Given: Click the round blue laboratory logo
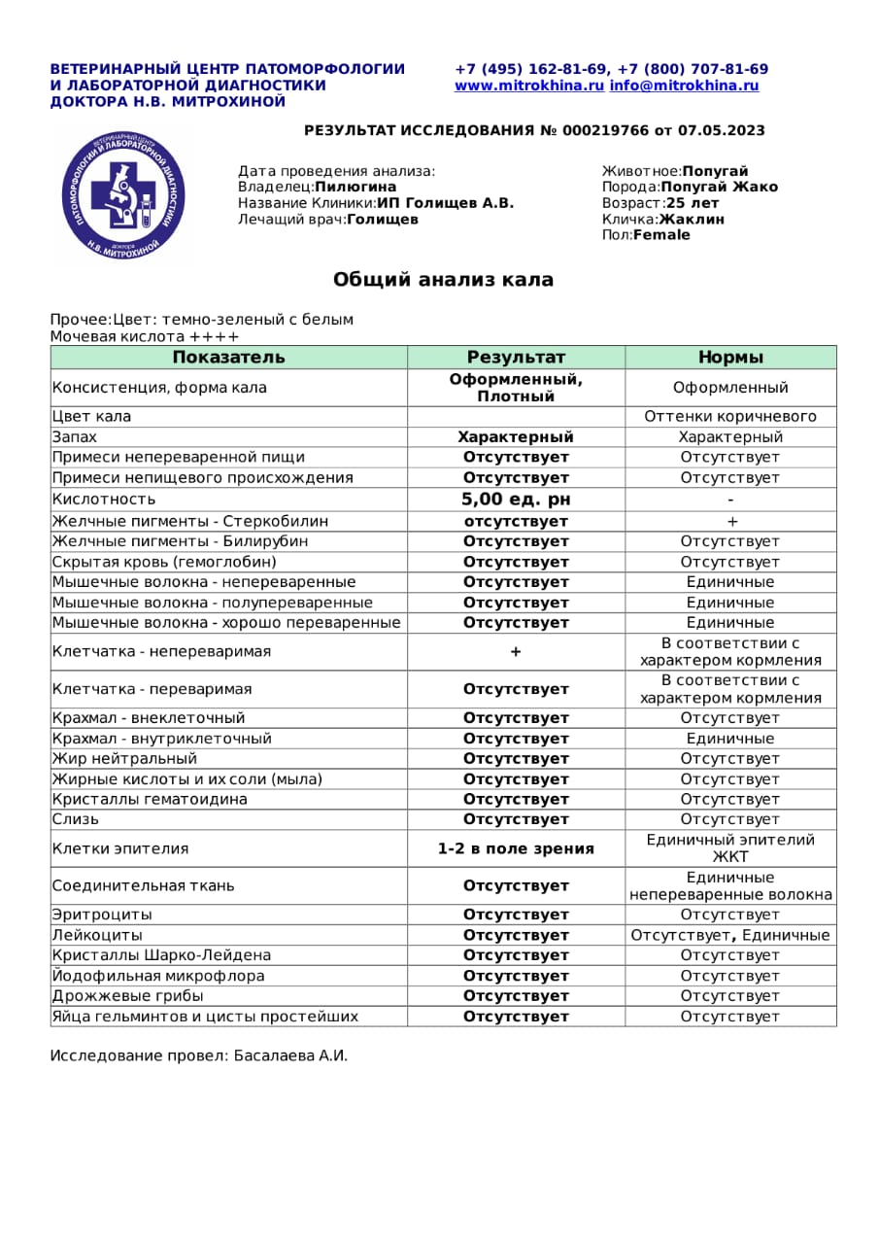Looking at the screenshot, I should [x=123, y=195].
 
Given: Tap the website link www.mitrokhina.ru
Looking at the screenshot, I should [x=529, y=86].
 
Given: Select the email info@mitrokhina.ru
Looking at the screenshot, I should [x=684, y=86].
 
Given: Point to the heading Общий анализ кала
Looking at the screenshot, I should [x=443, y=280].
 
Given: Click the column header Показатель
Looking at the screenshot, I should [x=228, y=357].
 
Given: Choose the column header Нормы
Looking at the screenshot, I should [x=730, y=357].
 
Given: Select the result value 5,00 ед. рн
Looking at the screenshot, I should [x=516, y=500].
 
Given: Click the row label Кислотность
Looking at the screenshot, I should [x=104, y=500].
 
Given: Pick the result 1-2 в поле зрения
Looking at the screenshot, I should [x=516, y=848].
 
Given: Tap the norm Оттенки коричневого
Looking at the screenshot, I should [x=730, y=416].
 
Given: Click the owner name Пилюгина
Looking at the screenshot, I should [x=355, y=187].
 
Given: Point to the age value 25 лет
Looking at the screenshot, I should [x=693, y=203].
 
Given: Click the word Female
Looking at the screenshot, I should [x=661, y=234].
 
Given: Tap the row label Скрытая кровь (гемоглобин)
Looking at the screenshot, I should [x=164, y=562].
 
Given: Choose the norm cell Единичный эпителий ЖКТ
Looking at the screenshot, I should [x=730, y=848].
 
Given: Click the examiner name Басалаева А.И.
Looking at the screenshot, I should [x=290, y=1055].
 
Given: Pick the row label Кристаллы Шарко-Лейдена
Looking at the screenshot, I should [x=161, y=955].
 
